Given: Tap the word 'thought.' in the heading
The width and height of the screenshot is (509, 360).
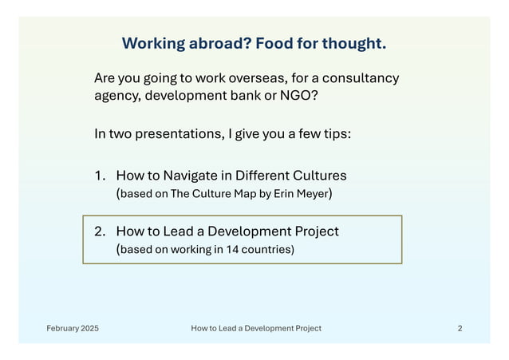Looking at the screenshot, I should pos(354,43).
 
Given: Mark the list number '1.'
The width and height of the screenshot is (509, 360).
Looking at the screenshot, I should pos(101,175).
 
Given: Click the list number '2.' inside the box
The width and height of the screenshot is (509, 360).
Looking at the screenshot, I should pos(101,231).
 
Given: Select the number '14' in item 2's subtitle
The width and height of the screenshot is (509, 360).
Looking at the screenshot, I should pos(221,250).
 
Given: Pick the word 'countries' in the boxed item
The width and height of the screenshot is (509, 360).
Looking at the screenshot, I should pos(261,250).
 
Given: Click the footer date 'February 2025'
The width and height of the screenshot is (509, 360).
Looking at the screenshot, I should pos(73,328).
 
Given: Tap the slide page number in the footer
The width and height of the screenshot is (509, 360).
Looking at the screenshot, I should pos(460,328).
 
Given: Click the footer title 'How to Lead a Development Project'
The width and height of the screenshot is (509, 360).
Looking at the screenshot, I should pos(256,328).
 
